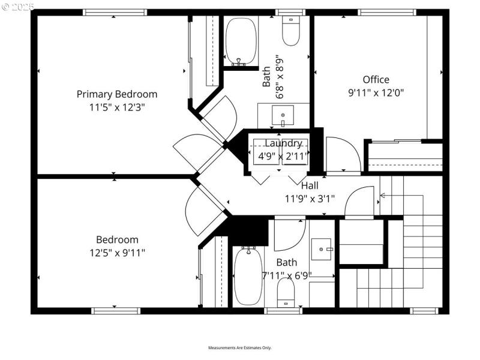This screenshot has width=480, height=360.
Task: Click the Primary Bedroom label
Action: point(117,94)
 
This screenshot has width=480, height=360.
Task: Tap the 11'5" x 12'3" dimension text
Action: point(117,107)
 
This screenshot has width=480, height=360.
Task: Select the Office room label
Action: point(376,80)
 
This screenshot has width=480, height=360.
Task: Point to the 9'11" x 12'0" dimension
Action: point(376,93)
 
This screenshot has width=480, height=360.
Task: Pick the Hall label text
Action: point(310,186)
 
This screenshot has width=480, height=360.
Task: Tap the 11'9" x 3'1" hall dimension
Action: point(310,199)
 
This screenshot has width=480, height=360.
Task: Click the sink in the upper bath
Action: point(283,115)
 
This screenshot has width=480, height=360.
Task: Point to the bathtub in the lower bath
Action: point(246,276)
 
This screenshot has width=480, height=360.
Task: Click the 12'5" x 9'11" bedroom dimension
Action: point(117,253)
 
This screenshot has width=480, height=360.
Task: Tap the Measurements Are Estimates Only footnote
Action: point(240,348)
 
